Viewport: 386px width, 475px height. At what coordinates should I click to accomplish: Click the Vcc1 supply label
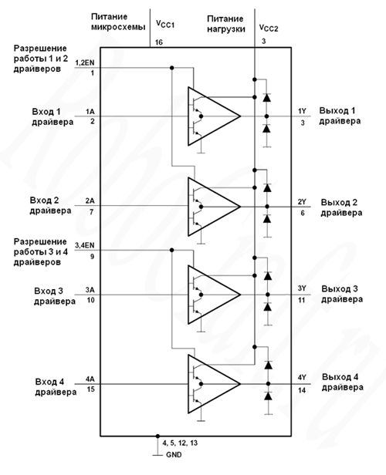click(x=165, y=24)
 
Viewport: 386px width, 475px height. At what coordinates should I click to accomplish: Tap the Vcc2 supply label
click(x=269, y=28)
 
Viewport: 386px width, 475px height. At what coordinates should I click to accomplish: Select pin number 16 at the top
click(x=159, y=42)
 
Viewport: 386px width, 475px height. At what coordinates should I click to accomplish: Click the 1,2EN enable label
click(x=85, y=62)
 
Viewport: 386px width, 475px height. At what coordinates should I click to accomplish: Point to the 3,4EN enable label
click(x=85, y=245)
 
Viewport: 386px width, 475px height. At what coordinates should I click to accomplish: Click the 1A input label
click(x=90, y=112)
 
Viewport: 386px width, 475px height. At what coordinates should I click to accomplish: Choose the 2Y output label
click(x=302, y=202)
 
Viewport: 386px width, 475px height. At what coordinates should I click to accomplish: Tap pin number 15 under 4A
click(x=91, y=389)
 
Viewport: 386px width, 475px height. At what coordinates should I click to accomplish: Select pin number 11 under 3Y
click(x=301, y=300)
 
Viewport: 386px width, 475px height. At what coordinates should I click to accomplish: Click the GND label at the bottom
click(x=174, y=455)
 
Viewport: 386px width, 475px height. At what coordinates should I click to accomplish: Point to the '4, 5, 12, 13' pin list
click(x=180, y=443)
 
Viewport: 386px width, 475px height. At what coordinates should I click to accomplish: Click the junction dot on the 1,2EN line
click(x=172, y=68)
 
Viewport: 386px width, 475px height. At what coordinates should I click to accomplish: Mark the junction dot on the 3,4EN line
click(x=172, y=250)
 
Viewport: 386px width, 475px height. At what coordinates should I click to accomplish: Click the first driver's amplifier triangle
click(x=214, y=116)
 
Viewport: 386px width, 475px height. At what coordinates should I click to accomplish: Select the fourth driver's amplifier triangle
click(x=214, y=384)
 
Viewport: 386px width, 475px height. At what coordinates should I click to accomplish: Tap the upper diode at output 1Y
click(x=267, y=97)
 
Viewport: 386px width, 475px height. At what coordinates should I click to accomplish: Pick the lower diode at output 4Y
click(x=268, y=396)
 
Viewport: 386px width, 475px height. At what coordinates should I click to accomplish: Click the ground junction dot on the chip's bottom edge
click(x=157, y=436)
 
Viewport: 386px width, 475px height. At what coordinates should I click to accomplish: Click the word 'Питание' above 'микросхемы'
click(x=109, y=17)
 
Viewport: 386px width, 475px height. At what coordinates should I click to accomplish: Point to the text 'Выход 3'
click(x=340, y=289)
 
